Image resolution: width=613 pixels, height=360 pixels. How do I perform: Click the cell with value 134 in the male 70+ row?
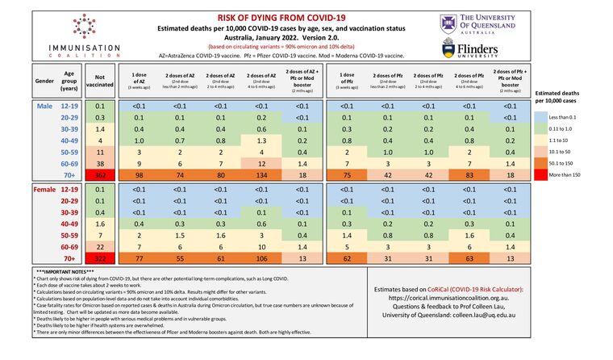coord(261,174)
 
